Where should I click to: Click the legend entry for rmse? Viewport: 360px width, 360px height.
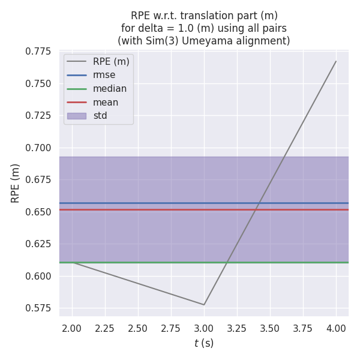pyautogui.click(x=104, y=75)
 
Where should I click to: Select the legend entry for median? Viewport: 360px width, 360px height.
pyautogui.click(x=109, y=89)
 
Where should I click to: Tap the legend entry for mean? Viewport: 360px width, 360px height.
pyautogui.click(x=106, y=102)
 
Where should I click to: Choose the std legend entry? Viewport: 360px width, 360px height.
pyautogui.click(x=100, y=115)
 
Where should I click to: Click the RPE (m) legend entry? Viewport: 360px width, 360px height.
pyautogui.click(x=111, y=61)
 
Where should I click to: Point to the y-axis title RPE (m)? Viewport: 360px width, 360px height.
pyautogui.click(x=16, y=183)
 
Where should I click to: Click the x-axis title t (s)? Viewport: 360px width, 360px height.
pyautogui.click(x=204, y=343)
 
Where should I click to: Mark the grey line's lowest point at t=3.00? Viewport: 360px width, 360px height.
pyautogui.click(x=204, y=305)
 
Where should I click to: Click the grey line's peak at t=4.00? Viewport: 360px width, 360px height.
pyautogui.click(x=336, y=61)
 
